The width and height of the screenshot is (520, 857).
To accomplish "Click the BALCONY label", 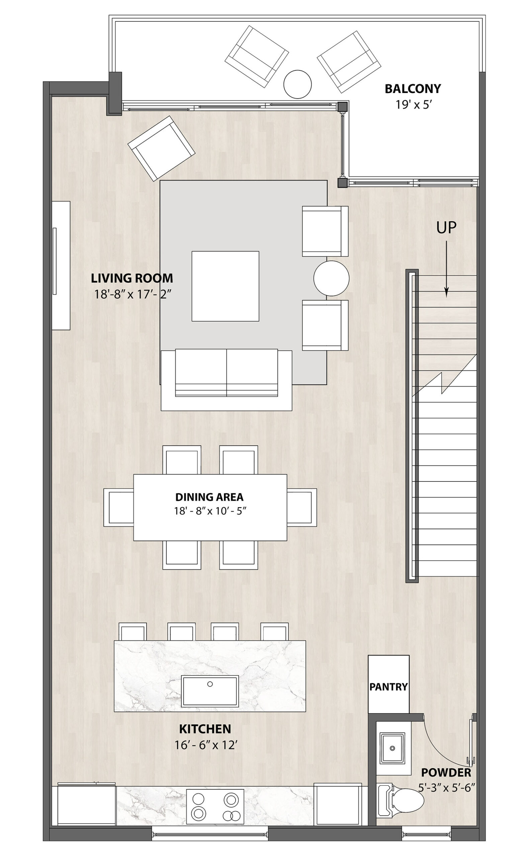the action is [413, 89].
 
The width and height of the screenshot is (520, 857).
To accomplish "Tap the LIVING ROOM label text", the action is [132, 278].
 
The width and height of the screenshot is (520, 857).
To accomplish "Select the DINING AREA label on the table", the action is [209, 497].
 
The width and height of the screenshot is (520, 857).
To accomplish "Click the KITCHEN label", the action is [205, 729].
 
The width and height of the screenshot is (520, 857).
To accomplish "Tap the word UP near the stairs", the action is [446, 227].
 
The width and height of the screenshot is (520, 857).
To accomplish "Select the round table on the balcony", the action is [297, 84].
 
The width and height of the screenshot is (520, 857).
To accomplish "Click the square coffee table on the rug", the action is [225, 286].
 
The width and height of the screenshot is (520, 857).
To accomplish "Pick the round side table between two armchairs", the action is [331, 278].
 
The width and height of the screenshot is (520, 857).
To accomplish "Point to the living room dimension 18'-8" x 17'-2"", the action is [134, 295].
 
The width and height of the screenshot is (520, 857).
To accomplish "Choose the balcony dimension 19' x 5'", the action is [413, 105].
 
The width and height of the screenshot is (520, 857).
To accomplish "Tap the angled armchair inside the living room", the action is [161, 148].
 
